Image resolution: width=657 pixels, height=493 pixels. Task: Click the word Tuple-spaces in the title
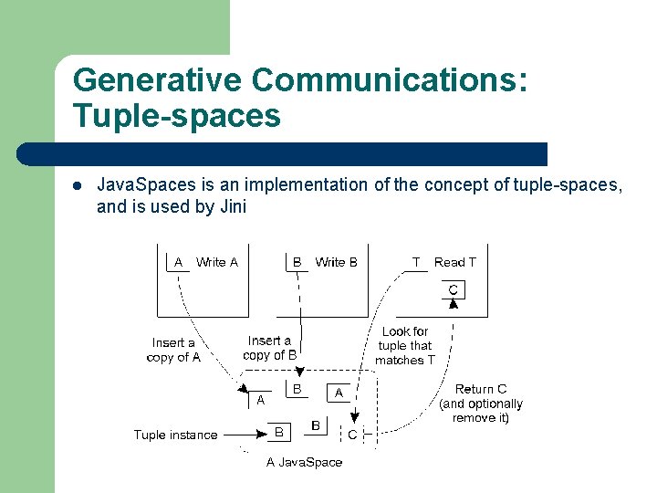(176, 117)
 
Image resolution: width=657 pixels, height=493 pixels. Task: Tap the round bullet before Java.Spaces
(78, 185)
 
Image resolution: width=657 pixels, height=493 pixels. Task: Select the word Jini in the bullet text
(234, 206)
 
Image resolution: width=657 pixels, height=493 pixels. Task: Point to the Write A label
(217, 262)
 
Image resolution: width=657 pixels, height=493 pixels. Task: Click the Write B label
(336, 262)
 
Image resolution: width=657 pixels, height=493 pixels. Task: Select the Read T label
(454, 262)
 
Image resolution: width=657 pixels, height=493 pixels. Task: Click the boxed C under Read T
(453, 290)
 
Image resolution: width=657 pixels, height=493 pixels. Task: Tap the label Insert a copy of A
(173, 350)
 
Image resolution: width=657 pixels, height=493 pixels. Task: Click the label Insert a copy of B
(270, 348)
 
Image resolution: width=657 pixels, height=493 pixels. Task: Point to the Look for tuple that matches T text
(405, 345)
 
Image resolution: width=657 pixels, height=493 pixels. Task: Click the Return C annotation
(481, 403)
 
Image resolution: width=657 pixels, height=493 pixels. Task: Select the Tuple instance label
(175, 435)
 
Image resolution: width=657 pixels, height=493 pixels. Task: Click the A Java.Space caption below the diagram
(304, 462)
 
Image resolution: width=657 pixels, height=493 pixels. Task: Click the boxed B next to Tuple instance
(279, 430)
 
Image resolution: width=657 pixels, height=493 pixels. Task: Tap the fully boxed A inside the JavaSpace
(338, 393)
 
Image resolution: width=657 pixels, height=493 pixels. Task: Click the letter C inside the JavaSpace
(351, 435)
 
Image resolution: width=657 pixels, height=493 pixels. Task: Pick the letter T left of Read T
(416, 262)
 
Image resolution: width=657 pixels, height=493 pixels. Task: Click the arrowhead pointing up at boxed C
(453, 304)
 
